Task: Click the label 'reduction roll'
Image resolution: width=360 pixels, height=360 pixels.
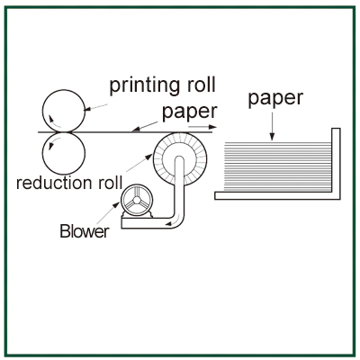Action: point(69,183)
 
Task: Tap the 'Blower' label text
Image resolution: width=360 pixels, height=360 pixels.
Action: point(85,231)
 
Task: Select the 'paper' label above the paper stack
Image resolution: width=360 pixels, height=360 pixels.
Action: point(275,99)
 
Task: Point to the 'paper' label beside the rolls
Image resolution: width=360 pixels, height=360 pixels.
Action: point(189,112)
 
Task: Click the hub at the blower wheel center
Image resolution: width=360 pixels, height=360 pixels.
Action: point(137,200)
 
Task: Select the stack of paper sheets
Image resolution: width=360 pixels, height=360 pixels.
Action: point(277,166)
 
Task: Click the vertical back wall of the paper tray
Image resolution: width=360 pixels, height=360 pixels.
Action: point(336,164)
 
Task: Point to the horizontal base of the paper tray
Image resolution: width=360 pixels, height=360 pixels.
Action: point(277,195)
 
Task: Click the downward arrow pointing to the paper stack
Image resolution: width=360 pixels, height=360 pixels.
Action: point(272,127)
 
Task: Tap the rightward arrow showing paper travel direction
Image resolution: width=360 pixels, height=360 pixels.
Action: point(202,127)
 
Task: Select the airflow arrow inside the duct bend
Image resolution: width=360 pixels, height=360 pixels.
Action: point(174,220)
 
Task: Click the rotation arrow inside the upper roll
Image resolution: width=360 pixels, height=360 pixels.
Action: point(54,121)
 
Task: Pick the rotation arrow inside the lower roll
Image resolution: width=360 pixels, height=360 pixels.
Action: point(54,142)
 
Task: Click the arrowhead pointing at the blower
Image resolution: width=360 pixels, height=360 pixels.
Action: point(116,205)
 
